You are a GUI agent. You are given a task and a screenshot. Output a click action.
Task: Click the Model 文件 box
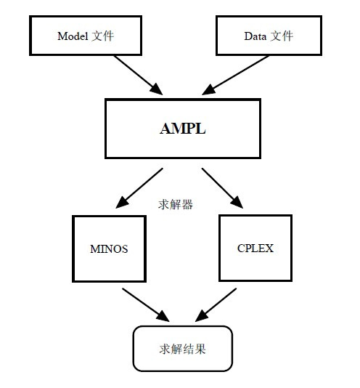pos(85,36)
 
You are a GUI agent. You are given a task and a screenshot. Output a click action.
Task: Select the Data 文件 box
pos(267,36)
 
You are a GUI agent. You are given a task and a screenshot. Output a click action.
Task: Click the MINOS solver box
pos(108,248)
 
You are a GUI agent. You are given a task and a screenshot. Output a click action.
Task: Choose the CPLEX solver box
pos(255,248)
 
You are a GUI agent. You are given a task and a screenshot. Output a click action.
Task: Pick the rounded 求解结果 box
pos(182,349)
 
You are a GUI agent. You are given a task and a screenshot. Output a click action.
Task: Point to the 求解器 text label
pos(176,205)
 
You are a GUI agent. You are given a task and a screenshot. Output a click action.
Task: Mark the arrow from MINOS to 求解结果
pos(145,304)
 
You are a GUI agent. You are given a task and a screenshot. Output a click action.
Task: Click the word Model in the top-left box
pos(73,36)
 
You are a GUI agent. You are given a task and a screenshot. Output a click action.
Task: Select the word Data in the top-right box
pos(255,36)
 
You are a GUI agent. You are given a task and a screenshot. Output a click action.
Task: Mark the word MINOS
pos(108,248)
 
